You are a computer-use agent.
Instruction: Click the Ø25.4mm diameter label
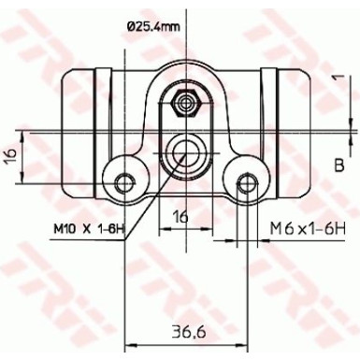click(x=153, y=26)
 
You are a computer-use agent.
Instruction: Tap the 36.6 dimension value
click(x=189, y=332)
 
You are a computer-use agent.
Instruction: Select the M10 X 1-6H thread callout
click(x=90, y=229)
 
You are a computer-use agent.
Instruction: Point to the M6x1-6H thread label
click(x=308, y=229)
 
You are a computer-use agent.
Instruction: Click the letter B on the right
click(x=339, y=166)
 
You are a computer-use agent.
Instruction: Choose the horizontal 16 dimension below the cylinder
click(x=180, y=216)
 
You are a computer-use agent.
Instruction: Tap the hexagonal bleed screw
click(x=186, y=103)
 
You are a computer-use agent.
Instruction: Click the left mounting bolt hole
click(x=125, y=182)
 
